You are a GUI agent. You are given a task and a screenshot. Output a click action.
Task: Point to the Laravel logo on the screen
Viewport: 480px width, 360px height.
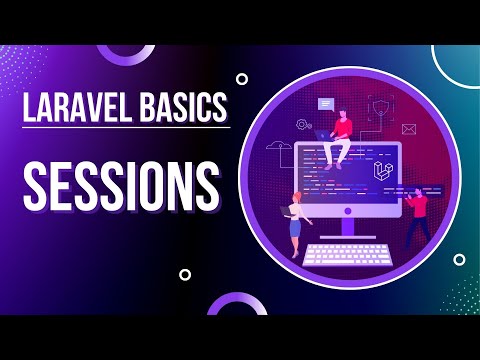pyautogui.click(x=381, y=177)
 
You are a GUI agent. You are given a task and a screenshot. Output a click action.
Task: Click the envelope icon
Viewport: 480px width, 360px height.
pyautogui.click(x=408, y=129)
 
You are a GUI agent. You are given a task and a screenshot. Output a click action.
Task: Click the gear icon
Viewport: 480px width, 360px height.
pyautogui.click(x=302, y=125)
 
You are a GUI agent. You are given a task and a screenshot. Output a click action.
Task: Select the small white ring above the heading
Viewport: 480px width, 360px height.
pyautogui.click(x=241, y=78)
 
